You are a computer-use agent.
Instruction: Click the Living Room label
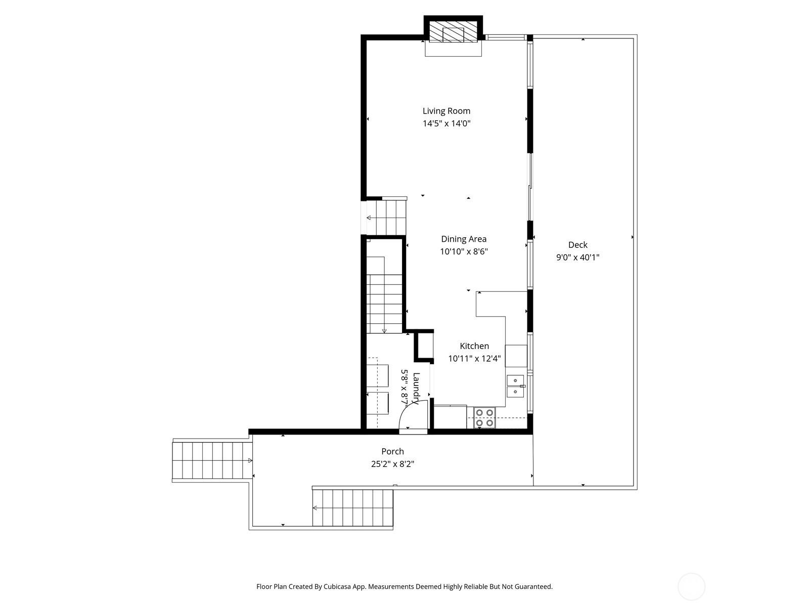(x=446, y=111)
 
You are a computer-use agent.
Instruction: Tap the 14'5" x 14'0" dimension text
(x=446, y=123)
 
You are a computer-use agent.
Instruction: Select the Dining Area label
(x=463, y=239)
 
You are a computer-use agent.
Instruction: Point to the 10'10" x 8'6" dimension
(x=463, y=251)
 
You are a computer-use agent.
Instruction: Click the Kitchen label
(x=474, y=346)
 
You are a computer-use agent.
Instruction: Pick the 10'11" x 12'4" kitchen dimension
(x=474, y=359)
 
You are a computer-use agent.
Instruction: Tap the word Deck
(x=577, y=245)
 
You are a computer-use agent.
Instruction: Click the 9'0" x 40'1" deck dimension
(x=577, y=257)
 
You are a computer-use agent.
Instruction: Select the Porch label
(x=392, y=451)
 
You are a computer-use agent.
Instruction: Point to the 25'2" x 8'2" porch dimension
(x=392, y=464)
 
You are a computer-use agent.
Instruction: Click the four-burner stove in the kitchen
(x=484, y=417)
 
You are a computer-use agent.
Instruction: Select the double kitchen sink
(x=515, y=386)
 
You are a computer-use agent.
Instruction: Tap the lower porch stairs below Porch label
(x=352, y=508)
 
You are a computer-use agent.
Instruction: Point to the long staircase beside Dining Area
(x=384, y=293)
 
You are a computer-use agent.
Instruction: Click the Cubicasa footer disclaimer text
(x=404, y=587)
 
